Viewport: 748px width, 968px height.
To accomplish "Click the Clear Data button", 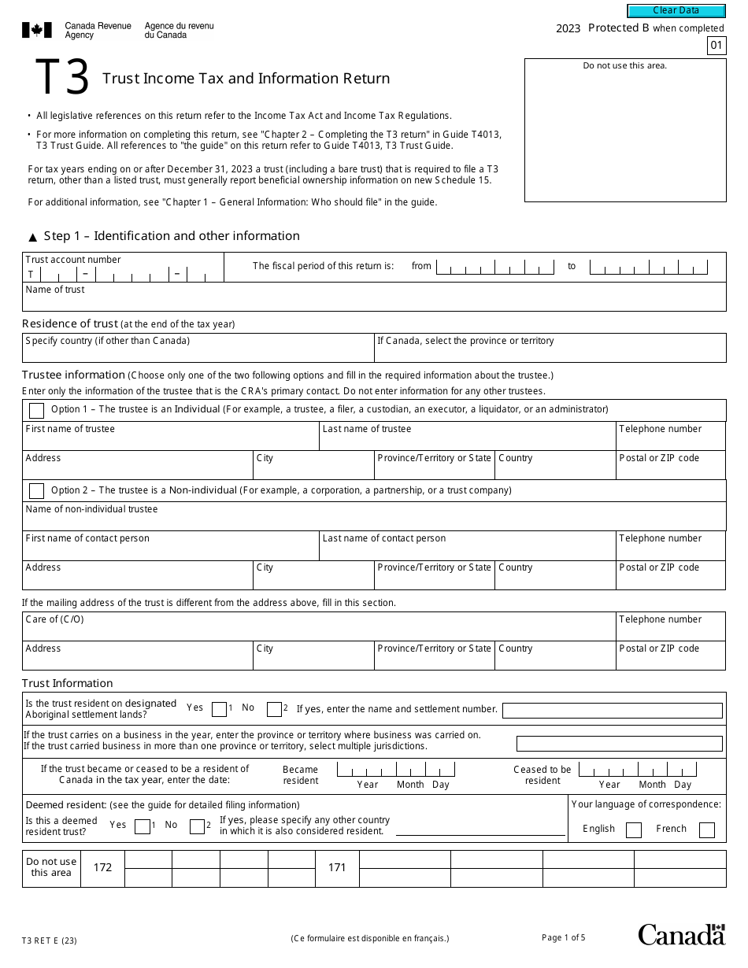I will [x=676, y=11].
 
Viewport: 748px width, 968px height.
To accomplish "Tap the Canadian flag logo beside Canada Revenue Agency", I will [x=36, y=31].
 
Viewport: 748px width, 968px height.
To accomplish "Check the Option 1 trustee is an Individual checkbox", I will [x=36, y=410].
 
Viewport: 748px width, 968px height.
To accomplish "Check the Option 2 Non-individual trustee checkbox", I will [x=36, y=491].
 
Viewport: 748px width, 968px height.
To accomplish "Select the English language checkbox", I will [x=633, y=829].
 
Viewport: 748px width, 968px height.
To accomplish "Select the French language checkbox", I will [x=706, y=829].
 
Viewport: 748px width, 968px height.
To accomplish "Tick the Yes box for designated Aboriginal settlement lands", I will [x=219, y=709].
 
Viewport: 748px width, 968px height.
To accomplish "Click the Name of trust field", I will [x=374, y=301].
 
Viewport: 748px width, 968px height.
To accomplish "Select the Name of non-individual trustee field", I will [x=374, y=520].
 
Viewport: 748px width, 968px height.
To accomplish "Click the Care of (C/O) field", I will [x=318, y=630].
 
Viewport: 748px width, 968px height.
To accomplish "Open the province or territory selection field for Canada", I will [x=550, y=352].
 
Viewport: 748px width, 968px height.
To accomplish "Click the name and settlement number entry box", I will [x=612, y=711].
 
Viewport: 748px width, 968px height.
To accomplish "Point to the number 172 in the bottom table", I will [x=102, y=867].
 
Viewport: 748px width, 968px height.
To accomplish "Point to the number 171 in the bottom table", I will [x=337, y=867].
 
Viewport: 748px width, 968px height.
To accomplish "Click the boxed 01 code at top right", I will [x=716, y=46].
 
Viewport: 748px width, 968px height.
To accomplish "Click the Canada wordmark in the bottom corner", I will [x=681, y=934].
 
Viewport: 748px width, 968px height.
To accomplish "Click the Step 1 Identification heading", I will [x=171, y=236].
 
